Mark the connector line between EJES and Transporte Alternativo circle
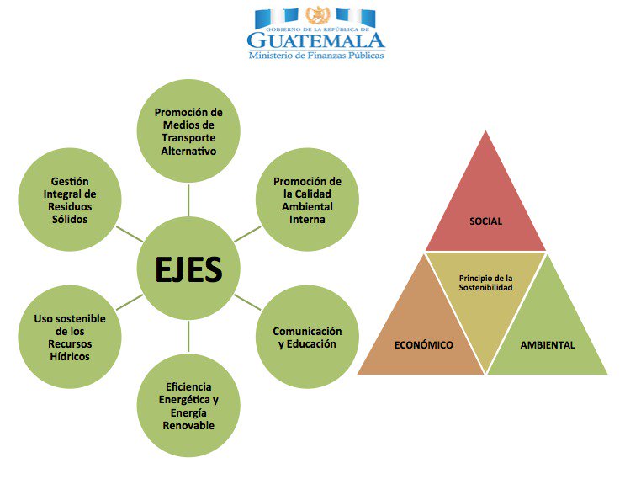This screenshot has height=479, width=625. pyautogui.click(x=188, y=200)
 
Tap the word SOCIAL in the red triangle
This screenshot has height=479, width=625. pyautogui.click(x=485, y=221)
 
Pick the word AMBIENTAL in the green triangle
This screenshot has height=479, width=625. pyautogui.click(x=548, y=345)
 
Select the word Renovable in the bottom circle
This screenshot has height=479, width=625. pyautogui.click(x=188, y=425)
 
